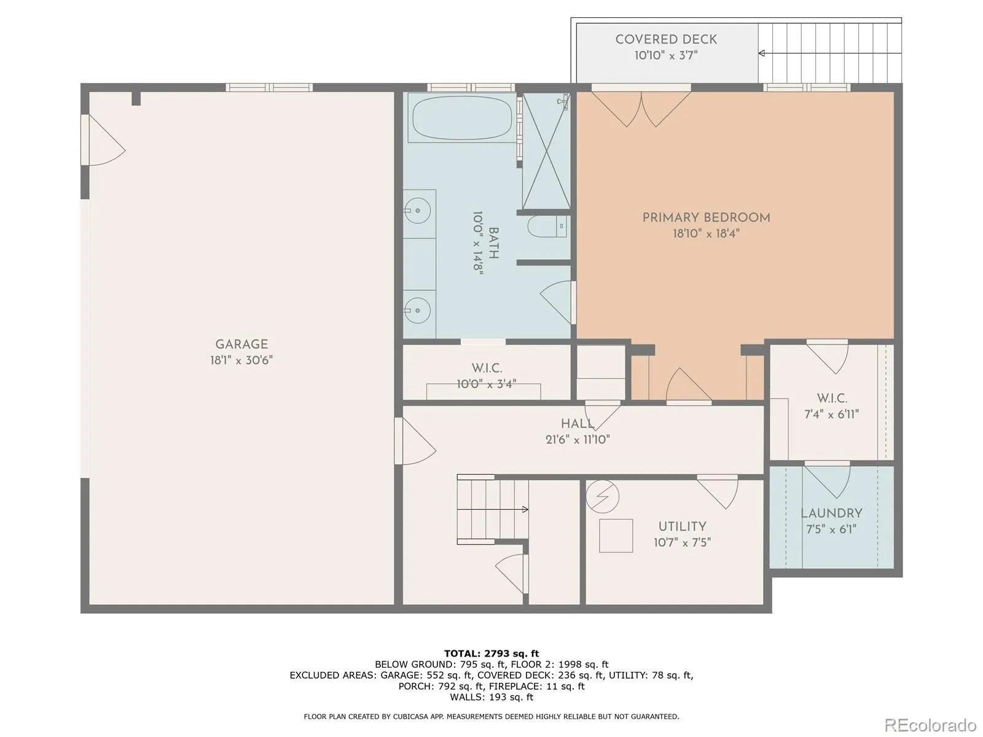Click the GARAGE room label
click(241, 344)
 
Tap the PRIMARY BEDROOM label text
click(707, 218)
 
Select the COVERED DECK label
click(666, 39)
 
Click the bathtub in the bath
click(462, 118)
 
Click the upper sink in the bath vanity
click(417, 210)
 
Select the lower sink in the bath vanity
click(417, 310)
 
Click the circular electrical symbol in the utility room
click(602, 497)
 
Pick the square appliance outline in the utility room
click(616, 536)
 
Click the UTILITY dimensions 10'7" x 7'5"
click(682, 543)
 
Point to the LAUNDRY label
click(831, 513)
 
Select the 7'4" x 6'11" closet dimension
click(832, 415)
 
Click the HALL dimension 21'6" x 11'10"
click(578, 439)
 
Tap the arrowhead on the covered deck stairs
click(761, 53)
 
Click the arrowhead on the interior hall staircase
click(526, 509)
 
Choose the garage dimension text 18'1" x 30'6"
click(241, 361)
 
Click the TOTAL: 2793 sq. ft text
click(491, 653)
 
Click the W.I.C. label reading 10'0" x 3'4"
click(487, 384)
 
